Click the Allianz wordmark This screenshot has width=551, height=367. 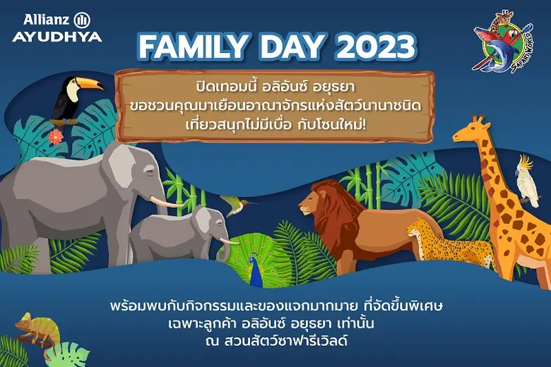pos(45,19)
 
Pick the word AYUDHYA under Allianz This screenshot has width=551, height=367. pos(57,36)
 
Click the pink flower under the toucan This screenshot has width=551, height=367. pos(55,136)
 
